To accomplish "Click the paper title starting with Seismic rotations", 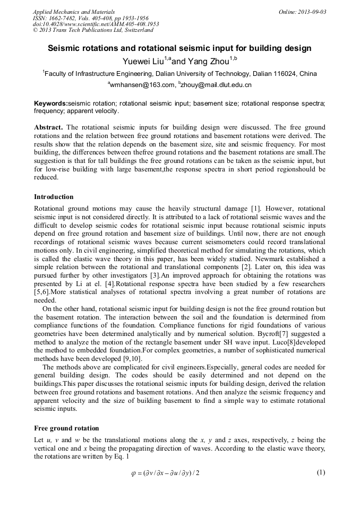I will pos(179,48).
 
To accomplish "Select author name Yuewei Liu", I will pos(143,61).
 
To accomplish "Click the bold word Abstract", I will pos(48,128).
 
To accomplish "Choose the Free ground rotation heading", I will pos(66,428).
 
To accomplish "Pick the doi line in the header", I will pos(96,24).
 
